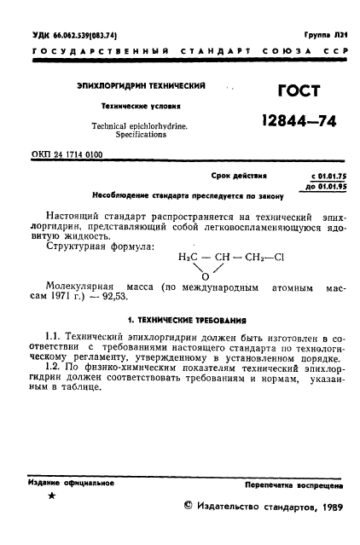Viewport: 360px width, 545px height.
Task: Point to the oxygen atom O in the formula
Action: (205, 275)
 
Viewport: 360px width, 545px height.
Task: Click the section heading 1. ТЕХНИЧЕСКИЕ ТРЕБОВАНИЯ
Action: (185, 321)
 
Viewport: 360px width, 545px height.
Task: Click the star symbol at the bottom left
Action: (52, 496)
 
